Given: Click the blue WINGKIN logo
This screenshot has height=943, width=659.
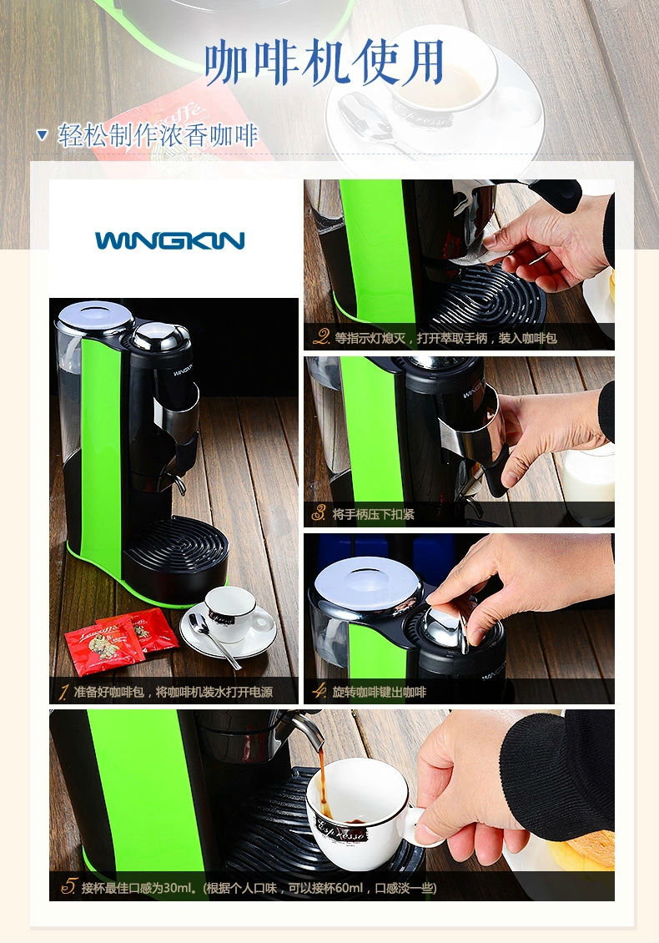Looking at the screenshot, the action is pyautogui.click(x=169, y=240).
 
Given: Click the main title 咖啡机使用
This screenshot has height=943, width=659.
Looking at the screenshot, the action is pyautogui.click(x=324, y=62).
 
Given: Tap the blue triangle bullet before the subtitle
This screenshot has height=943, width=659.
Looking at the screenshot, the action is pyautogui.click(x=42, y=134).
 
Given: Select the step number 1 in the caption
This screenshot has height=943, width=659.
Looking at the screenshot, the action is pyautogui.click(x=63, y=692).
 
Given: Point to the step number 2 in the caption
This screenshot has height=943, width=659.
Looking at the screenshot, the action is pyautogui.click(x=322, y=337).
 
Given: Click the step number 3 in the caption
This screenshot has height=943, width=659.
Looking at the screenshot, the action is pyautogui.click(x=319, y=513).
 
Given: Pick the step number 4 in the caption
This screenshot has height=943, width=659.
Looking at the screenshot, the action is pyautogui.click(x=319, y=690).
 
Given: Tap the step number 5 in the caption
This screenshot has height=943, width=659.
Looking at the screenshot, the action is pyautogui.click(x=69, y=886).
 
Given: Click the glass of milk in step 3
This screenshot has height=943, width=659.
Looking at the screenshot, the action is pyautogui.click(x=588, y=482).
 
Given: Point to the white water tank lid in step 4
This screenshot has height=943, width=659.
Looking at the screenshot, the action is pyautogui.click(x=367, y=582).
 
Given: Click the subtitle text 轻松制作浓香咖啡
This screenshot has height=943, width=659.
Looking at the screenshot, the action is pyautogui.click(x=158, y=135).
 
